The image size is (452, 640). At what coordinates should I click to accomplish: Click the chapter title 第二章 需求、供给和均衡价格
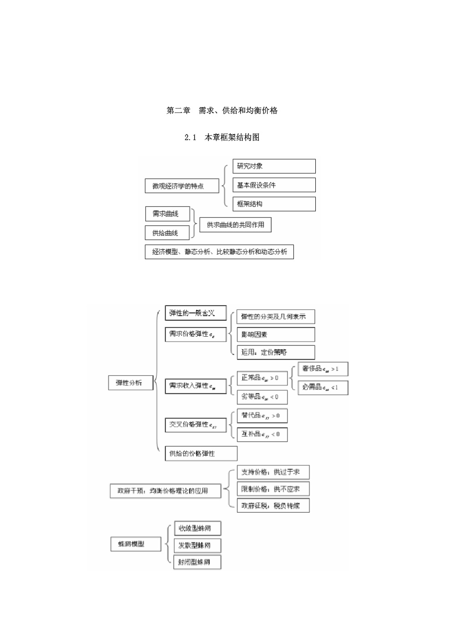coord(222,110)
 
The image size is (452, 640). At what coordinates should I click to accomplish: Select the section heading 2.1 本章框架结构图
coord(222,137)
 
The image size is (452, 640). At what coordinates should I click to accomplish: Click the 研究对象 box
coord(274,166)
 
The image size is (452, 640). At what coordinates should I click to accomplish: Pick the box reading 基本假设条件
coord(274,185)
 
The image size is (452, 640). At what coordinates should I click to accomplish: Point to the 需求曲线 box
coord(168,213)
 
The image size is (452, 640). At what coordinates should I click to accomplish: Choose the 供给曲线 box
coord(168,233)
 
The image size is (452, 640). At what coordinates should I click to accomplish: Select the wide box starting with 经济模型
coord(219,252)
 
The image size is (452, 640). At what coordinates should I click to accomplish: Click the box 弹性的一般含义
coord(195,313)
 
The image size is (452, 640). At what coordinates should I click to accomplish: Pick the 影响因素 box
coord(276,334)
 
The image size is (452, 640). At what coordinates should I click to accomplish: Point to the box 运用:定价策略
coord(276,352)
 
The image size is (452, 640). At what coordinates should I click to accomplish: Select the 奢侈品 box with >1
coord(323,369)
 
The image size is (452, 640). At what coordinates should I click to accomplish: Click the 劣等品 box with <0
coord(262,397)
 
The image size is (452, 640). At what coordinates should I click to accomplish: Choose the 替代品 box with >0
coord(262,416)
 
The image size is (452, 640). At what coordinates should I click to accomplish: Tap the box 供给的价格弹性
coord(201,453)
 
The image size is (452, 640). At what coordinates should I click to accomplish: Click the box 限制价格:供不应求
coord(273,489)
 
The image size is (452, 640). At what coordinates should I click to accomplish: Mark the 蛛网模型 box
coord(136,544)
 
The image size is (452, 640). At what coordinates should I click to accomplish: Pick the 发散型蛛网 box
coord(198,545)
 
